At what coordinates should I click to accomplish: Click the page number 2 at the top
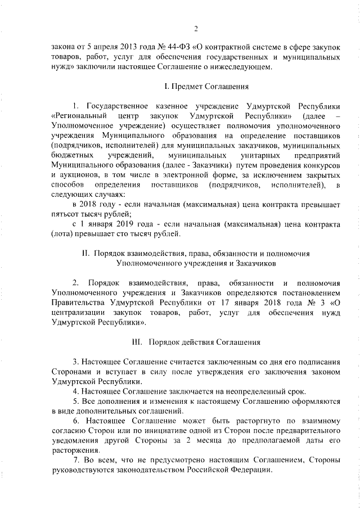195,29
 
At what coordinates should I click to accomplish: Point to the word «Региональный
77,115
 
